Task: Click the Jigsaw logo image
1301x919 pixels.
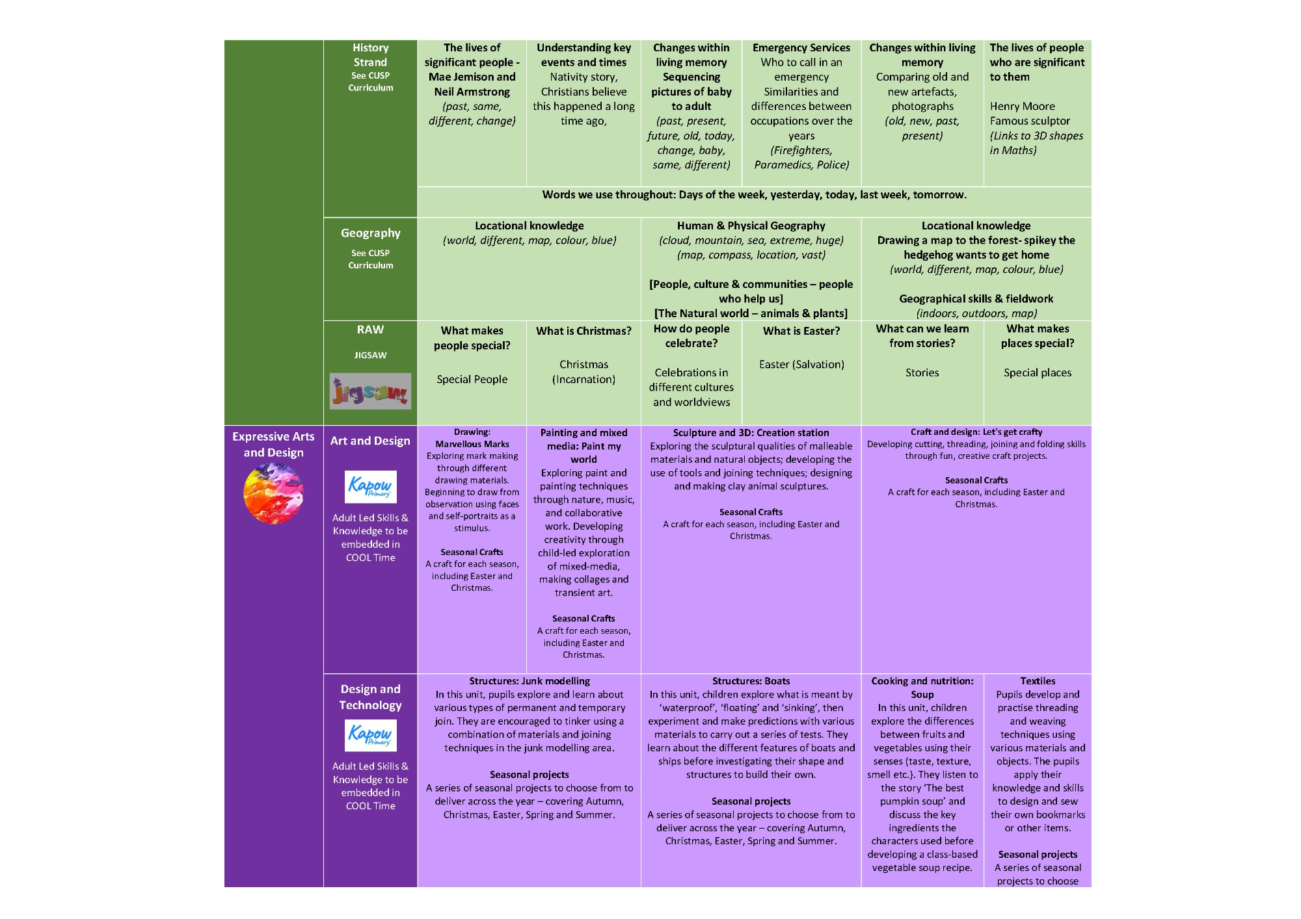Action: pyautogui.click(x=370, y=391)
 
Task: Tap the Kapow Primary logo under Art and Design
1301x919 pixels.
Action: pyautogui.click(x=370, y=487)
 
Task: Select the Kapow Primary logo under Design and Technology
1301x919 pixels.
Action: pyautogui.click(x=370, y=735)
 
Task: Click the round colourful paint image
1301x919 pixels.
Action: pyautogui.click(x=273, y=493)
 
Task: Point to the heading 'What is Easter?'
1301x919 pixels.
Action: pyautogui.click(x=801, y=331)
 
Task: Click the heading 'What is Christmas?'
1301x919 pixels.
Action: pyautogui.click(x=583, y=331)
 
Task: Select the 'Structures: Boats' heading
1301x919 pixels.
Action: pyautogui.click(x=751, y=681)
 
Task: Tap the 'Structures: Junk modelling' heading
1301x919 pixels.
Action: pyautogui.click(x=530, y=681)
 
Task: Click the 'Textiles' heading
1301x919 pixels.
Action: pyautogui.click(x=1038, y=681)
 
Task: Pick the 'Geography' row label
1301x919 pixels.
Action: pyautogui.click(x=370, y=233)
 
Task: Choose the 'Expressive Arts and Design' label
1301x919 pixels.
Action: pyautogui.click(x=273, y=445)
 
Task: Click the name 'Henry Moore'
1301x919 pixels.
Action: pyautogui.click(x=1022, y=106)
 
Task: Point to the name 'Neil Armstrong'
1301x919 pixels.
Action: pyautogui.click(x=472, y=92)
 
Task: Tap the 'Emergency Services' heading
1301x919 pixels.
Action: pyautogui.click(x=801, y=47)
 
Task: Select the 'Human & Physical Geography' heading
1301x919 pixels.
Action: pyautogui.click(x=751, y=226)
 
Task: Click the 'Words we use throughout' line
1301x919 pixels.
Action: pyautogui.click(x=754, y=194)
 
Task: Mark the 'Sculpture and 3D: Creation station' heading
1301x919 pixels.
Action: pyautogui.click(x=751, y=433)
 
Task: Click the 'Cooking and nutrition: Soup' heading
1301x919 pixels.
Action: pyautogui.click(x=922, y=688)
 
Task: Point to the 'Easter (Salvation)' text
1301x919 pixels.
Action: pyautogui.click(x=801, y=365)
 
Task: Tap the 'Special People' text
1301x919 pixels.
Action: pyautogui.click(x=472, y=380)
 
